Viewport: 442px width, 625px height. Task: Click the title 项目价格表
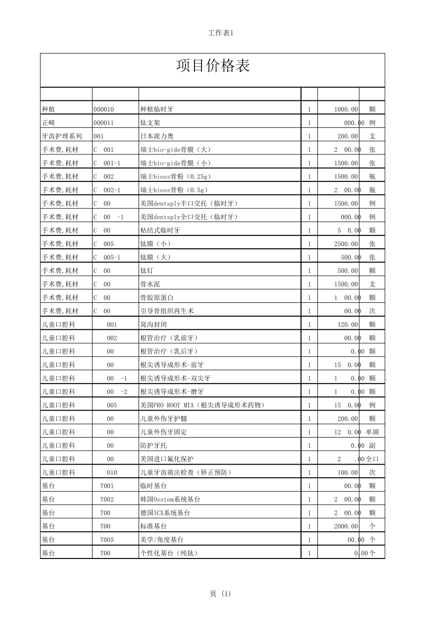tap(213, 66)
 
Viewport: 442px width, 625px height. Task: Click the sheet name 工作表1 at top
tap(221, 33)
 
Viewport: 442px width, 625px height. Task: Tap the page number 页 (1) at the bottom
tap(220, 594)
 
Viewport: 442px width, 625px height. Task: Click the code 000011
tap(103, 123)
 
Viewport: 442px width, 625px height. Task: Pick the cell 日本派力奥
tap(157, 136)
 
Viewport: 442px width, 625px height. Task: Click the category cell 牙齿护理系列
tap(62, 136)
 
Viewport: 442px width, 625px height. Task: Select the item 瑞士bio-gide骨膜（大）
tap(175, 150)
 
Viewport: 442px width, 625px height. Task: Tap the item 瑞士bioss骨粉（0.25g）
tap(175, 177)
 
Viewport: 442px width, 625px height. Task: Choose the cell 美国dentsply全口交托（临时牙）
tap(189, 217)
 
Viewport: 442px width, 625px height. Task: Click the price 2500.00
tap(346, 244)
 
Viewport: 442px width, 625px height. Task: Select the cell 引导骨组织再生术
tap(167, 311)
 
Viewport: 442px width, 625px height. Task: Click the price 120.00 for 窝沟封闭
tap(348, 325)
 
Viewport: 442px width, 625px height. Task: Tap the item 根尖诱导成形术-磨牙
tap(172, 392)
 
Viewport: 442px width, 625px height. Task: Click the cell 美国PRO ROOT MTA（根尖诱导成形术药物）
tap(202, 405)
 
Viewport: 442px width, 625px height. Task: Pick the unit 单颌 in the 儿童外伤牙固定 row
tap(372, 432)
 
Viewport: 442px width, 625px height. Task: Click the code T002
tap(107, 499)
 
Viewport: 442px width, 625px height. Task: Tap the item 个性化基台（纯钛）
tap(169, 553)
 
